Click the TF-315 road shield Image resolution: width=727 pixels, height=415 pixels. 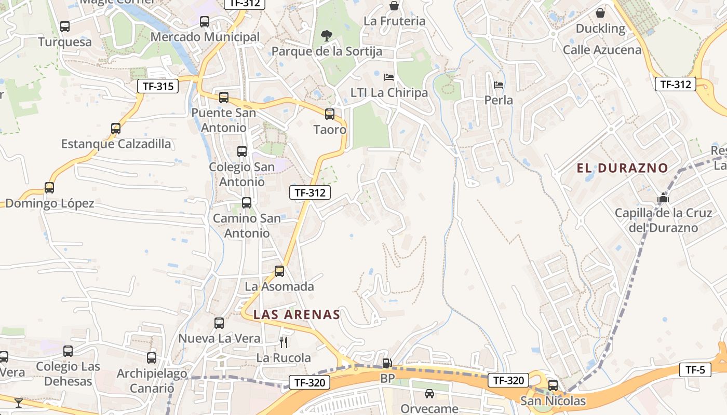(x=158, y=86)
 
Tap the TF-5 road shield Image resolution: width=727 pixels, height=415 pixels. (x=695, y=370)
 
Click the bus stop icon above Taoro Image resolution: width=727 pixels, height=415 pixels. (x=330, y=114)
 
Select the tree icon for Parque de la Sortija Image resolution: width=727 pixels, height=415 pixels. (x=327, y=36)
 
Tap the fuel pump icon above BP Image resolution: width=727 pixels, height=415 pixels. (x=387, y=363)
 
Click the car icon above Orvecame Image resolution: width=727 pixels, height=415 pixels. (x=429, y=394)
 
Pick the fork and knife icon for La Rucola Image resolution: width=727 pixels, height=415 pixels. (x=284, y=342)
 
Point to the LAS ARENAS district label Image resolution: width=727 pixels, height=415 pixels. (x=297, y=314)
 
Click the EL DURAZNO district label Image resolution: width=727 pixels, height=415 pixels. (x=622, y=168)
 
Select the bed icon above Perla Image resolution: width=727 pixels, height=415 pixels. (x=499, y=85)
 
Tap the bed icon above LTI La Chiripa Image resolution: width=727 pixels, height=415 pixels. (x=389, y=77)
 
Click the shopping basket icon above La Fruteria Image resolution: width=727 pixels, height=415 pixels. (x=394, y=6)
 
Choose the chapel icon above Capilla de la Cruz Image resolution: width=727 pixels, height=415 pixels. (x=663, y=198)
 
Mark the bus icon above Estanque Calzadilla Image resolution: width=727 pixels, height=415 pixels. (x=116, y=128)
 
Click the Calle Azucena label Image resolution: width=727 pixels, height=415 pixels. (x=602, y=50)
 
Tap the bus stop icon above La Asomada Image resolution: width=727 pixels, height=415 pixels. (x=279, y=271)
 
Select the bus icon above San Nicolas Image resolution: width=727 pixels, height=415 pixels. (x=553, y=385)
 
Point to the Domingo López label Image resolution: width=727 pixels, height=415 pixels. (x=50, y=203)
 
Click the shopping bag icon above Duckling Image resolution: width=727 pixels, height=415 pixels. (x=600, y=13)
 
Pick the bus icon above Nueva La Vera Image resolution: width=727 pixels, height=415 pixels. (x=219, y=323)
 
